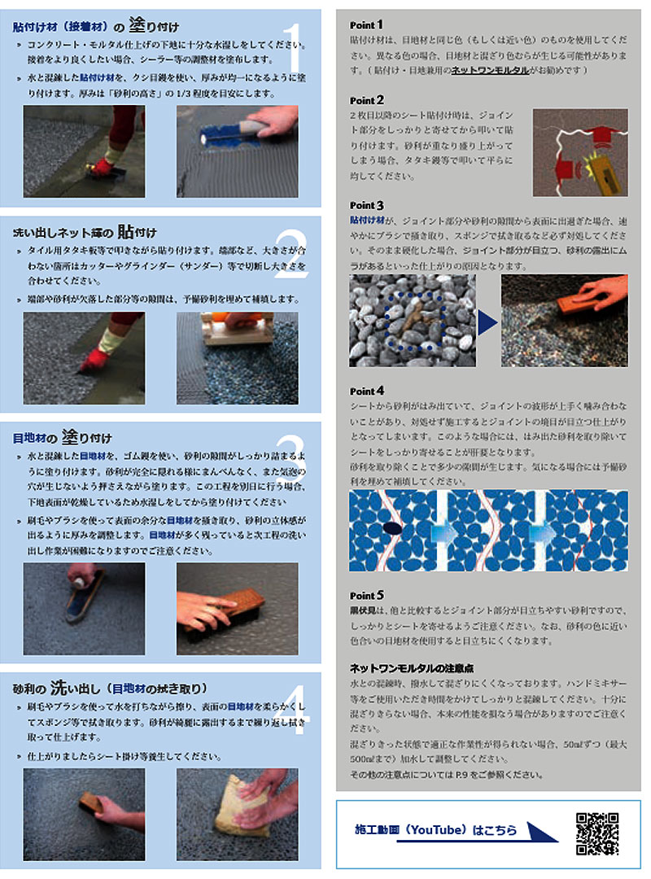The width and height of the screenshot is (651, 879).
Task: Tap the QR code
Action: (598, 833)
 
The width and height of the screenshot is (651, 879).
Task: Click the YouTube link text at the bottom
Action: (436, 830)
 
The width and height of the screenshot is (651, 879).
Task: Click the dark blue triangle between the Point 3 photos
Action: (487, 322)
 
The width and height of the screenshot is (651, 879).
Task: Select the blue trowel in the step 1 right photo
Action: (224, 132)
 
